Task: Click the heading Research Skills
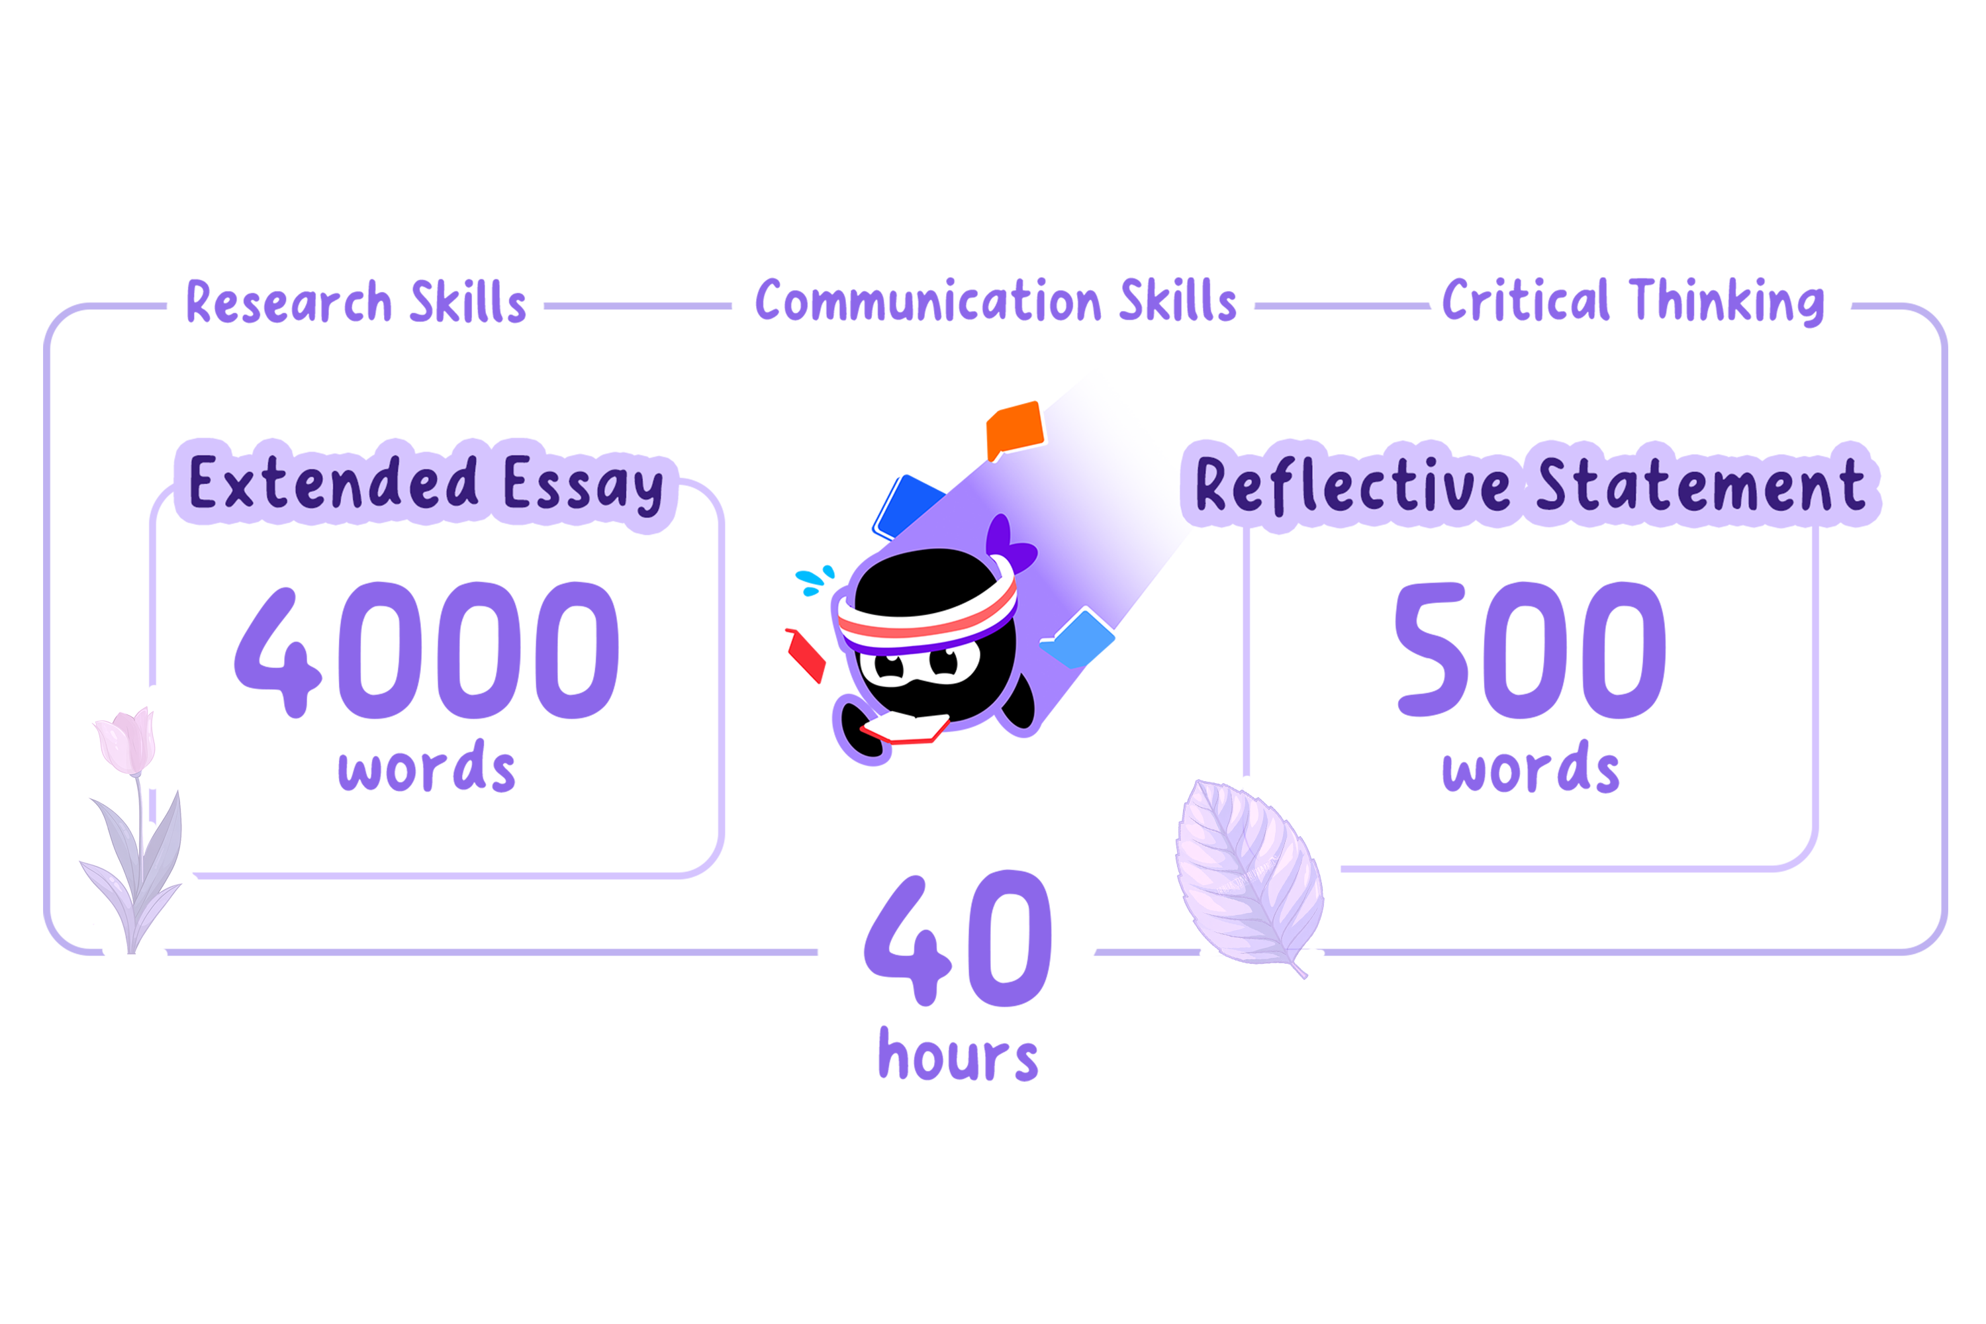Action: (355, 301)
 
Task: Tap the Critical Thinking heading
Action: (1633, 301)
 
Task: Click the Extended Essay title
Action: (426, 484)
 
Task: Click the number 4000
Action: (426, 649)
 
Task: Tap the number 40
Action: (957, 939)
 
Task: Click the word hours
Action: (957, 1055)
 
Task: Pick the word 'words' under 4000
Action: (426, 767)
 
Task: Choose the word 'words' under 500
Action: (1531, 767)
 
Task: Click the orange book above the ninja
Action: (1015, 431)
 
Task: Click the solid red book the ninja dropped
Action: (805, 655)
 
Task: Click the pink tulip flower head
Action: (126, 741)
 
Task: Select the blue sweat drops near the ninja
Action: (815, 579)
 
